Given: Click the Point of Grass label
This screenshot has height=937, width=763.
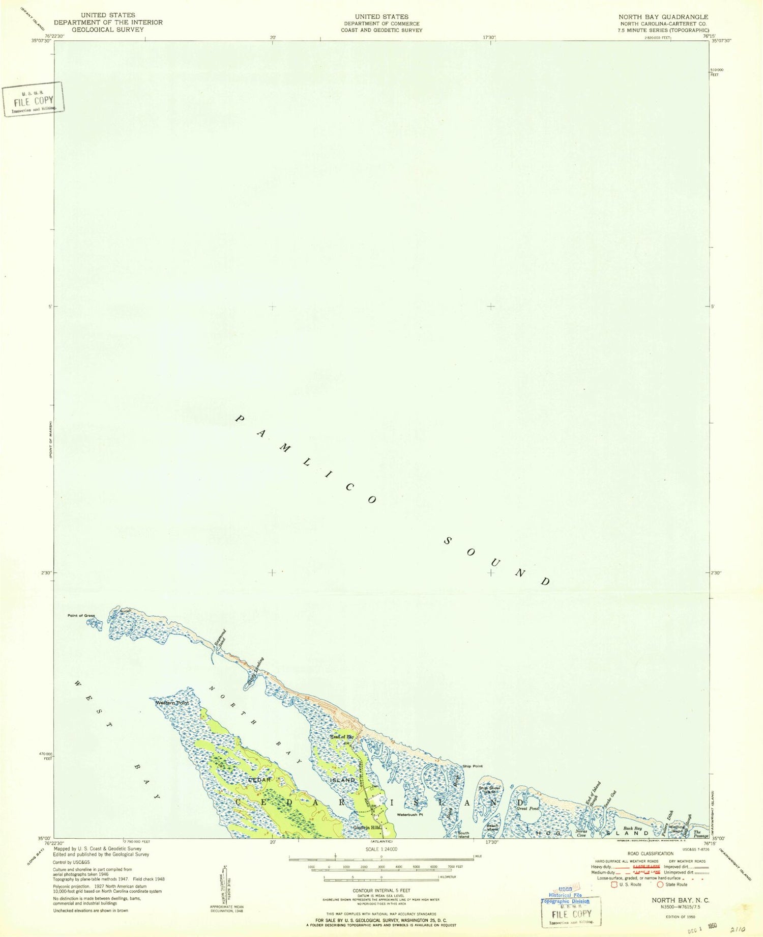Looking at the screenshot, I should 81,616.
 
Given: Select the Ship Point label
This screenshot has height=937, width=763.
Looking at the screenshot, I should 473,766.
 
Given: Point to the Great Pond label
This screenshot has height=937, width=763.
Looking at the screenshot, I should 527,808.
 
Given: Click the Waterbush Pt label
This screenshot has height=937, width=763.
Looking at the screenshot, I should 410,815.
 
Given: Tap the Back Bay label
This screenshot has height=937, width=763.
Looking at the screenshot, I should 633,829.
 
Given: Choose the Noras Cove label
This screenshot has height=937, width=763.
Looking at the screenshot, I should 581,833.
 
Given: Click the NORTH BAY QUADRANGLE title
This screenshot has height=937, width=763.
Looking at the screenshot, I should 663,17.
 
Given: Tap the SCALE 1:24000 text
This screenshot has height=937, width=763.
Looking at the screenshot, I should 381,849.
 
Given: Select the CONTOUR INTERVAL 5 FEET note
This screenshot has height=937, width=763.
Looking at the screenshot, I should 382,891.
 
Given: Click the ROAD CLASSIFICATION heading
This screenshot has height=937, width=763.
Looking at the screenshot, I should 651,853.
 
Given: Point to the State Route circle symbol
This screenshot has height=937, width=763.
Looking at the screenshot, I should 660,885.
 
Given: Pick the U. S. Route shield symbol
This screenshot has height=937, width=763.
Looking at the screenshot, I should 614,885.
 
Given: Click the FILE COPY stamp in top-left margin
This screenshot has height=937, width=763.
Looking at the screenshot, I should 34,100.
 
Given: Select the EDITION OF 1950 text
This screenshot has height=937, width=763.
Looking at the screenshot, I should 680,917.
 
